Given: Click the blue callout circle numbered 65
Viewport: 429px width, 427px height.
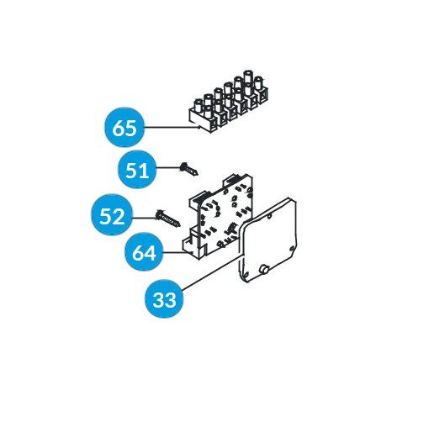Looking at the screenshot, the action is click(x=124, y=127).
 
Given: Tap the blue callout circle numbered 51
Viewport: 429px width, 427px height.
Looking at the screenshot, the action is click(x=137, y=169).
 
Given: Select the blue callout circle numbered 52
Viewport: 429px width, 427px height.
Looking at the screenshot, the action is click(x=112, y=214).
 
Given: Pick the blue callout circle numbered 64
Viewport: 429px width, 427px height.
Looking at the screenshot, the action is click(x=144, y=251).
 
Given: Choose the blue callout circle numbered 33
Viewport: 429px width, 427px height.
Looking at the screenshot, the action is click(x=164, y=298).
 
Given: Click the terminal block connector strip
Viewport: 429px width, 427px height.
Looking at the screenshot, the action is click(x=229, y=103).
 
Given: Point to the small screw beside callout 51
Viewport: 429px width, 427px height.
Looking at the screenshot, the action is click(x=189, y=169).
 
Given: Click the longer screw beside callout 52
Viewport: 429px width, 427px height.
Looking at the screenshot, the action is click(x=168, y=219).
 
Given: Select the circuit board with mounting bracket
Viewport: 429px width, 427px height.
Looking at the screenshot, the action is click(x=218, y=217).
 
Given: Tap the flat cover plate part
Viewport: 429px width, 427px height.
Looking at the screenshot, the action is click(x=267, y=240).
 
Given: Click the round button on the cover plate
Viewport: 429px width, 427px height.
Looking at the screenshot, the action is click(x=264, y=270).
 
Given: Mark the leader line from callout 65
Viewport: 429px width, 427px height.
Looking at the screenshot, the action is click(x=172, y=128).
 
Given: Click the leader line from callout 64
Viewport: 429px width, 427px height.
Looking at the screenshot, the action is click(x=175, y=252).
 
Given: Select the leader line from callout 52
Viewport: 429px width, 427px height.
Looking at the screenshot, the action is click(x=145, y=218).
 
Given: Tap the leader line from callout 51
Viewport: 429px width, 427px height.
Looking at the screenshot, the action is click(x=168, y=168).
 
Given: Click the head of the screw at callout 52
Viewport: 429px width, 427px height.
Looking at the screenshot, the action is click(x=159, y=214).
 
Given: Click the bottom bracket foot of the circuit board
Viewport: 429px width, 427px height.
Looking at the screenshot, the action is click(x=194, y=246).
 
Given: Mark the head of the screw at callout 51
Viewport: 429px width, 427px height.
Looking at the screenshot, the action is click(x=183, y=166).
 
